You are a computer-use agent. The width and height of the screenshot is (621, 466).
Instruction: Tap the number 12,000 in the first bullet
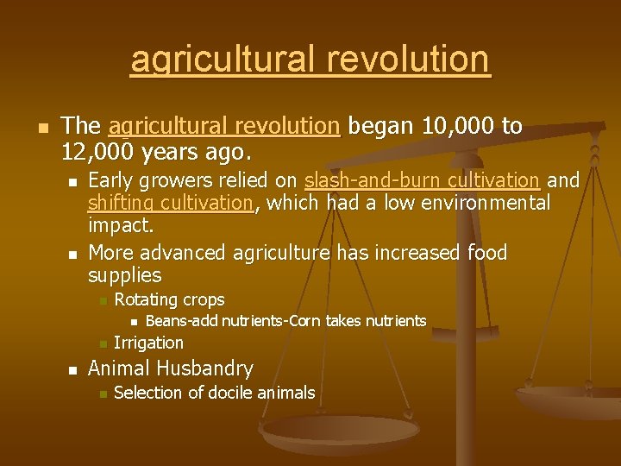96,153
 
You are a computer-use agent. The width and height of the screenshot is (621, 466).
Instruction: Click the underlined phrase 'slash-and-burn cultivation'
422,180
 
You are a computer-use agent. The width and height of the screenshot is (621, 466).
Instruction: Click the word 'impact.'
121,227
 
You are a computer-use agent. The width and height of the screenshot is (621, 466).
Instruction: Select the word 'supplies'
125,275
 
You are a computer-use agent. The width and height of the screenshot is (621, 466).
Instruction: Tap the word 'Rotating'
144,300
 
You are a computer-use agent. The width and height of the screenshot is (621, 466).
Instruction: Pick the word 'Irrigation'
148,343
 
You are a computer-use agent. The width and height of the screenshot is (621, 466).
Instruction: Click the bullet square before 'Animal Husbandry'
72,369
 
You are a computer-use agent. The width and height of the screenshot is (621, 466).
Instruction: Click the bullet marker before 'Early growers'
72,181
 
